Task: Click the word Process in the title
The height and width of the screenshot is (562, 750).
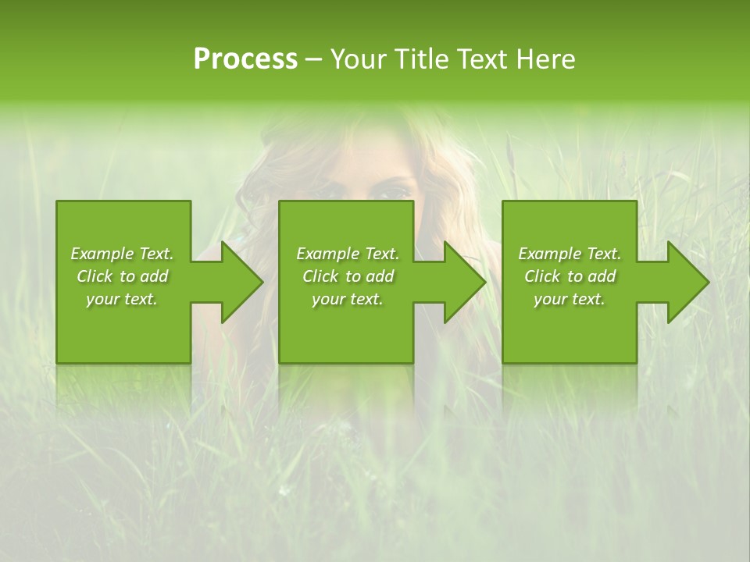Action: pos(245,59)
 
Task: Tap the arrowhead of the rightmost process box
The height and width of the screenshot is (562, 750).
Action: pos(687,282)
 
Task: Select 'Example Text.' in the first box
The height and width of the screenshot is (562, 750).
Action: pos(123,254)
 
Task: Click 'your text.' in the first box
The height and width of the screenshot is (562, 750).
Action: pos(123,299)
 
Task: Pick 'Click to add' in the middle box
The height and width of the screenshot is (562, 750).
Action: pos(348,276)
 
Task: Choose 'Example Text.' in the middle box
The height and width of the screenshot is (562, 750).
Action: pos(348,254)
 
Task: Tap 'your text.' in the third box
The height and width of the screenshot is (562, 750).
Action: pos(570,299)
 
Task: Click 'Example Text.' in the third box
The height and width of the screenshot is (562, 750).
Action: pos(570,254)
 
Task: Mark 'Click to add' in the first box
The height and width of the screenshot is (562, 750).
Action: pos(123,276)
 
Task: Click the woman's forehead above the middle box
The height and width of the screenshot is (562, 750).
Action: pos(367,156)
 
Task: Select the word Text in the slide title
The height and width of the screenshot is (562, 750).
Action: pos(484,59)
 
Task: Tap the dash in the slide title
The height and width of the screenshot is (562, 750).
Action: pos(314,59)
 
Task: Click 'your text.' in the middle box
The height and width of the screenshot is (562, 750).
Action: pos(348,299)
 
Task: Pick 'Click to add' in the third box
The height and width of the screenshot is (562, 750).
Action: pos(570,276)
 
